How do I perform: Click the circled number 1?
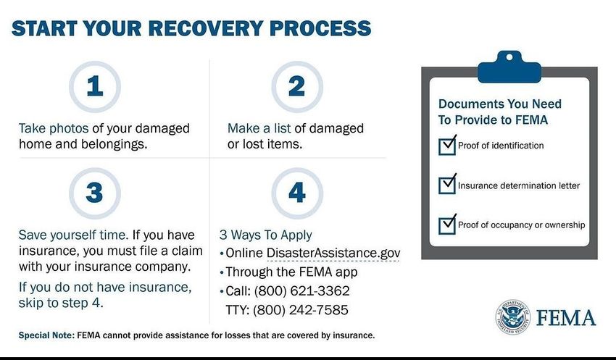click(x=95, y=86)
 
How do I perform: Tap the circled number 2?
click(x=297, y=86)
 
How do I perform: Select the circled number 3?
click(x=95, y=193)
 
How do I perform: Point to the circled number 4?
click(x=297, y=193)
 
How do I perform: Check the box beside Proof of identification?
click(x=447, y=146)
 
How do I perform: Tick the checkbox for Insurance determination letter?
click(x=447, y=185)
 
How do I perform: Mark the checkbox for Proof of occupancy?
click(x=447, y=225)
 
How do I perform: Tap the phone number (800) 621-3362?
click(x=301, y=291)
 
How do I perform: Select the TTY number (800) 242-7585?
click(x=301, y=310)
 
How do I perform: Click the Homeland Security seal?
click(x=512, y=317)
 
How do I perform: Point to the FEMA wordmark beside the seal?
click(x=566, y=317)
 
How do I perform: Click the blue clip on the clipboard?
click(x=509, y=67)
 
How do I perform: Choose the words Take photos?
click(x=54, y=129)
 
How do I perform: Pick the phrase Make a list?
click(x=259, y=128)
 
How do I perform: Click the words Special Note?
click(x=46, y=335)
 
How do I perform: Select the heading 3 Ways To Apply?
click(x=265, y=235)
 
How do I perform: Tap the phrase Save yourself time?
click(x=73, y=235)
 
